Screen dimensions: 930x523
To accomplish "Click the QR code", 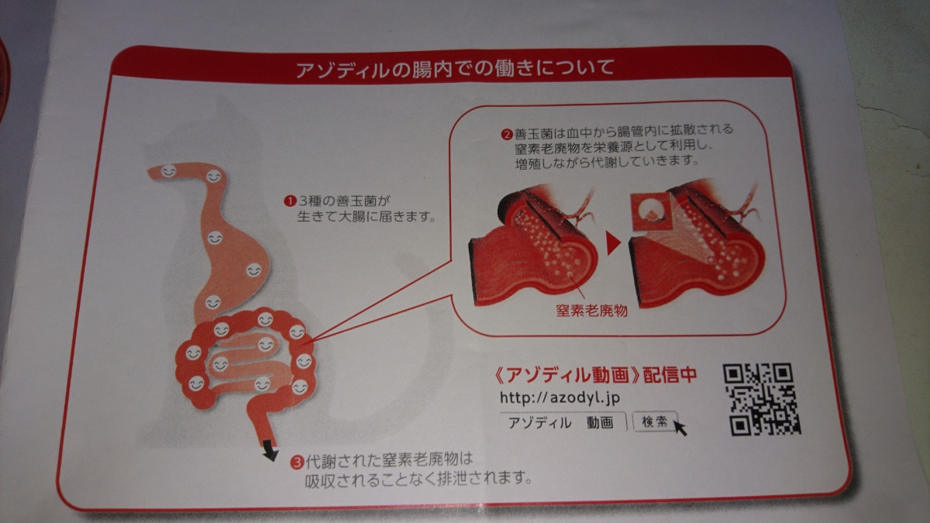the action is click(762, 399).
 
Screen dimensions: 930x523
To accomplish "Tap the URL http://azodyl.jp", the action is click(560, 397).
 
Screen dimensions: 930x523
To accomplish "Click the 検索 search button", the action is click(655, 421).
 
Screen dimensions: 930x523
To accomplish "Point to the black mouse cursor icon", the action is click(680, 428).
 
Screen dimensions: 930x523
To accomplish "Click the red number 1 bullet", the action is click(290, 201).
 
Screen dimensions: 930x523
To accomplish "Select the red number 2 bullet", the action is click(507, 135).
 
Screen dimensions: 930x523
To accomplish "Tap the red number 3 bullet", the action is click(297, 462).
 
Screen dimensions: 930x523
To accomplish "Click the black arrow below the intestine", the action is click(270, 452).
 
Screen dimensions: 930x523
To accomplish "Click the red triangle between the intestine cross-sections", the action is click(613, 243).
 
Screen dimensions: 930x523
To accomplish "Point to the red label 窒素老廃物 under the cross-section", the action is click(591, 311).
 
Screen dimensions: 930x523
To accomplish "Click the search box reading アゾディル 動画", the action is click(563, 422).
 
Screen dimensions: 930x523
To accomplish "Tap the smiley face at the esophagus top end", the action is click(169, 171).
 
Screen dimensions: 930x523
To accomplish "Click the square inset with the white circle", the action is click(651, 212).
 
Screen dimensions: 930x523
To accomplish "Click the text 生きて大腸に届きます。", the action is click(366, 217).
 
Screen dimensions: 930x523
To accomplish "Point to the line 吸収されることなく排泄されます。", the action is click(418, 480).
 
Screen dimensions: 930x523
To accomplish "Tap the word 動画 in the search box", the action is click(600, 422).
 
